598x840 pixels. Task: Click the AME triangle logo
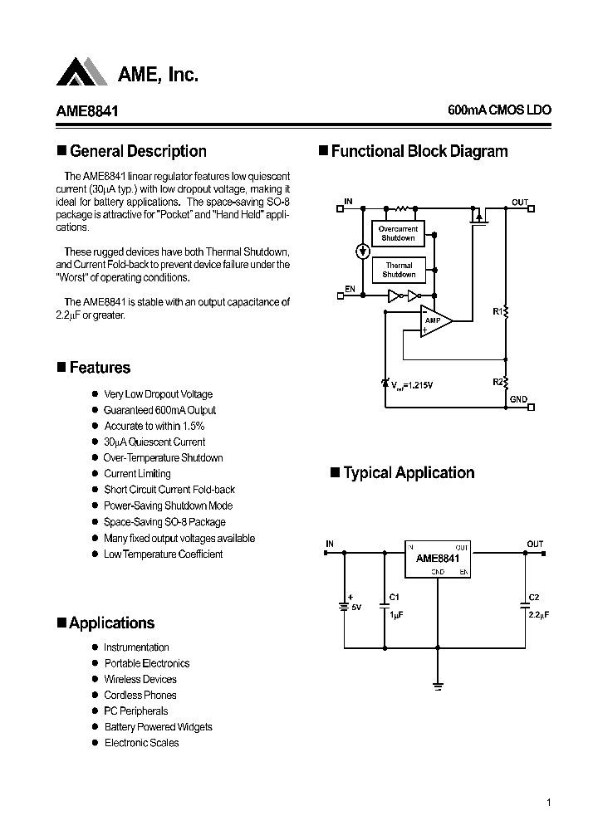point(82,72)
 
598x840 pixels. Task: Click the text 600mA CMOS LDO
point(498,110)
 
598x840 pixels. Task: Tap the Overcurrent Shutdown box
point(398,233)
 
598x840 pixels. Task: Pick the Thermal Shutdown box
point(399,270)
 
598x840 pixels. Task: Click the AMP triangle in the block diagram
point(434,320)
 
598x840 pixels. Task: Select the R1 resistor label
point(498,311)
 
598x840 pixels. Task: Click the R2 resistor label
point(498,381)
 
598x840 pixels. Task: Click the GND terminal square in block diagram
point(531,407)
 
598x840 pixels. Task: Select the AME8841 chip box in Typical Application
point(438,559)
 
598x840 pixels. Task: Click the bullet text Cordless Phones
point(140,695)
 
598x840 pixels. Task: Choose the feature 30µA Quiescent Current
point(154,442)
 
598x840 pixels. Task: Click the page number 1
point(549,803)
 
